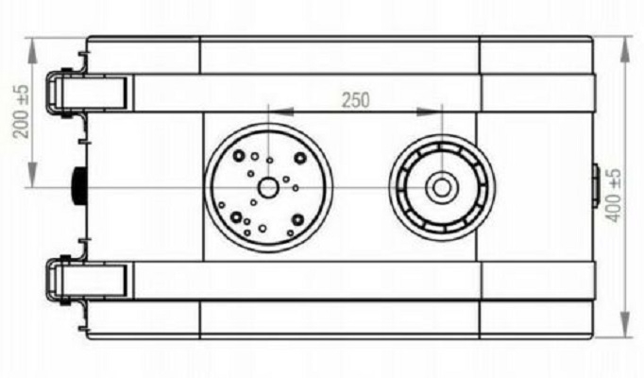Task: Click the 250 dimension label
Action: pyautogui.click(x=356, y=100)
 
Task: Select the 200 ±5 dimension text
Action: pyautogui.click(x=22, y=111)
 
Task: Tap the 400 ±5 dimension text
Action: pyautogui.click(x=614, y=196)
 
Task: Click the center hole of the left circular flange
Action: pyautogui.click(x=268, y=188)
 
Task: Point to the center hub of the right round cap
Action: pyautogui.click(x=442, y=188)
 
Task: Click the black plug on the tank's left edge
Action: pyautogui.click(x=79, y=186)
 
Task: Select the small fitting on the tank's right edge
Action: pyautogui.click(x=596, y=185)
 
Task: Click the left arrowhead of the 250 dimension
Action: pyautogui.click(x=281, y=112)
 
